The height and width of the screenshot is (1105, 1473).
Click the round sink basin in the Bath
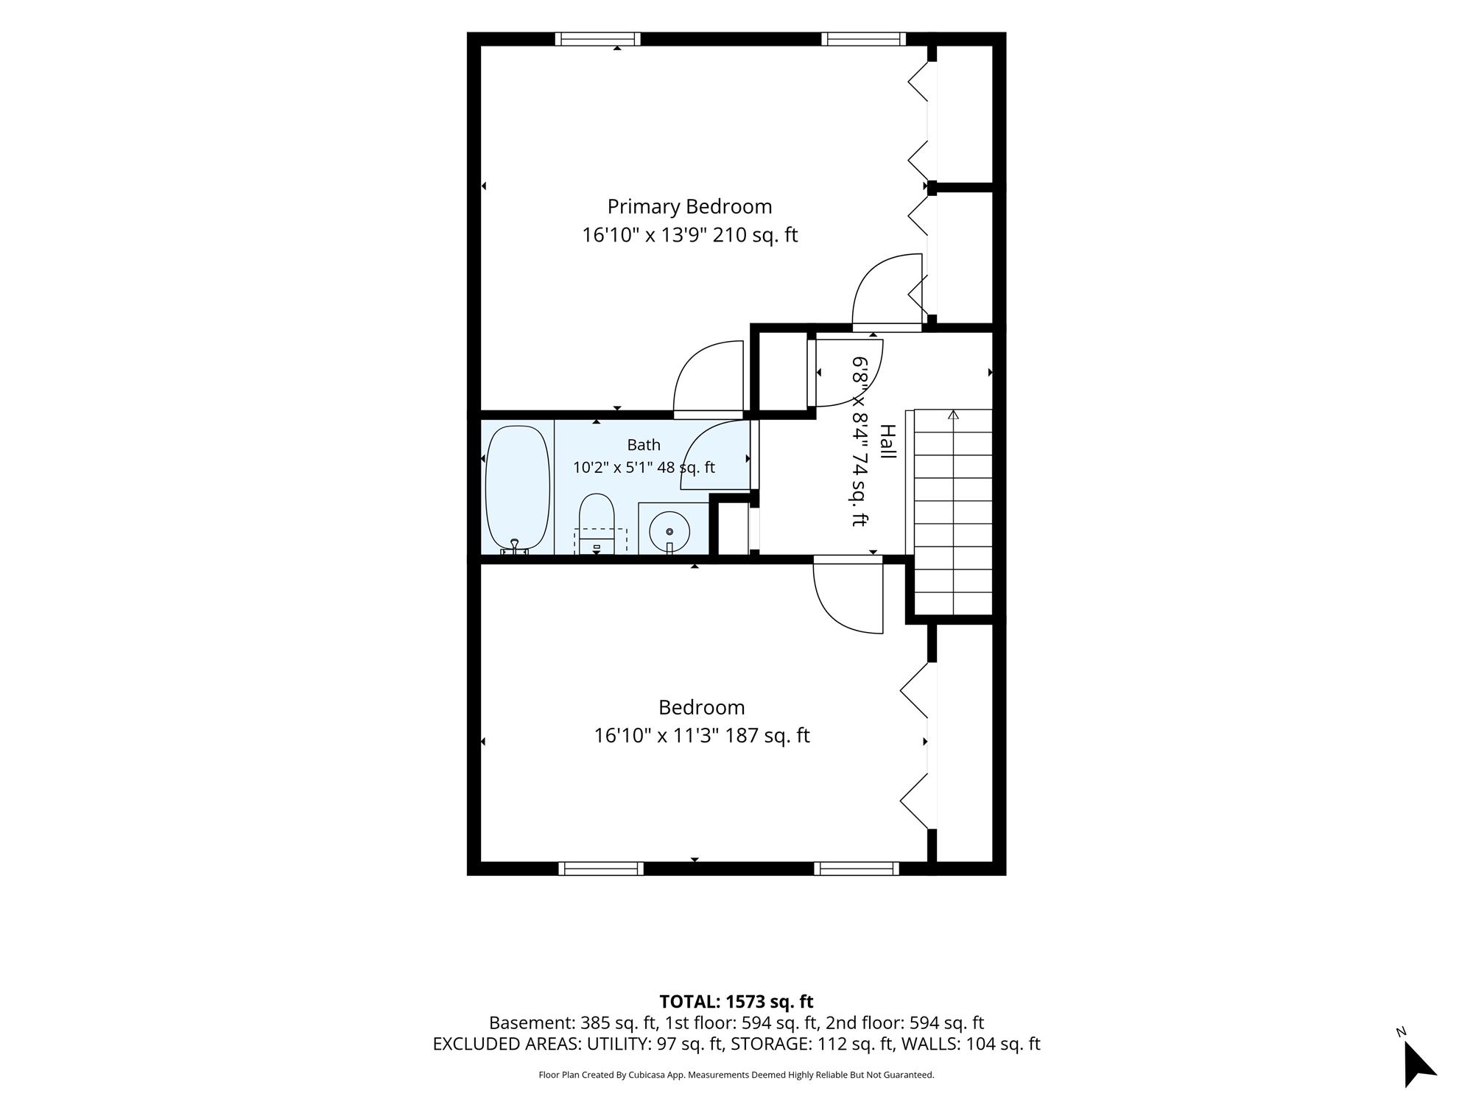669,531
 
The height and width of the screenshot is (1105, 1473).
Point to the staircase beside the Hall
953,512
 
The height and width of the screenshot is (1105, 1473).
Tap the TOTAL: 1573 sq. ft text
736,1002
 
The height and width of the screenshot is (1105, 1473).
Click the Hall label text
888,442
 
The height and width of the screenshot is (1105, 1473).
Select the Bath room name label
644,445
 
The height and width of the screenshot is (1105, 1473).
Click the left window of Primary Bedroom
597,39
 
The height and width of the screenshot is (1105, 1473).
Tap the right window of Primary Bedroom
864,39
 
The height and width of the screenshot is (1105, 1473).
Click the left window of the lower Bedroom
601,869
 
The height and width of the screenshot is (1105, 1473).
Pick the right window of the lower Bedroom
857,869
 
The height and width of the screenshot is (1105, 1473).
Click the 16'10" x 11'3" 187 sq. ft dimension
702,736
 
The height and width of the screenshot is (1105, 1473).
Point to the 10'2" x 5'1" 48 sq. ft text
644,467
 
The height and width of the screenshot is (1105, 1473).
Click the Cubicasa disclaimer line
736,1075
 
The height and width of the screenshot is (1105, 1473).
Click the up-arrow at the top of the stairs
954,415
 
